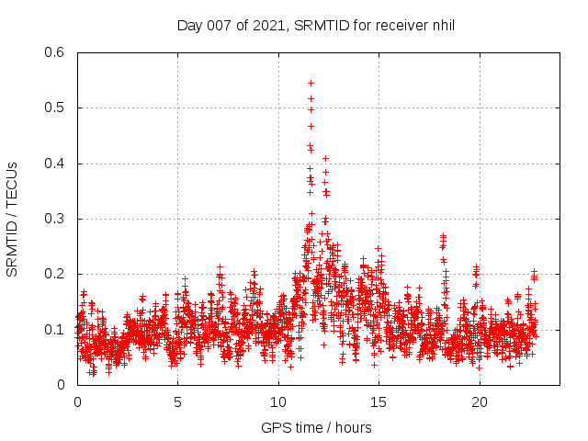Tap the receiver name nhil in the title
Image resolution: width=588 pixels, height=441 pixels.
pos(440,26)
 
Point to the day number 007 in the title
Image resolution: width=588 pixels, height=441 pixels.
pos(218,26)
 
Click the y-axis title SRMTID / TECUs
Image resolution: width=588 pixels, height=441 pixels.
pos(13,219)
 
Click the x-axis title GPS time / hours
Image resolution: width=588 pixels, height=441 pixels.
pos(316,427)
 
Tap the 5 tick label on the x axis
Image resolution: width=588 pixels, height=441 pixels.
pos(178,402)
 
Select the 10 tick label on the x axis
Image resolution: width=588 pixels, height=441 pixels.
pos(278,402)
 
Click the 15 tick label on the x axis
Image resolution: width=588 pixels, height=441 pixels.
pos(379,402)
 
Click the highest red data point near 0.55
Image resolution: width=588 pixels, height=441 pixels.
pos(311,83)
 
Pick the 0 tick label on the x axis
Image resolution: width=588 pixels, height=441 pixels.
pos(77,402)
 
